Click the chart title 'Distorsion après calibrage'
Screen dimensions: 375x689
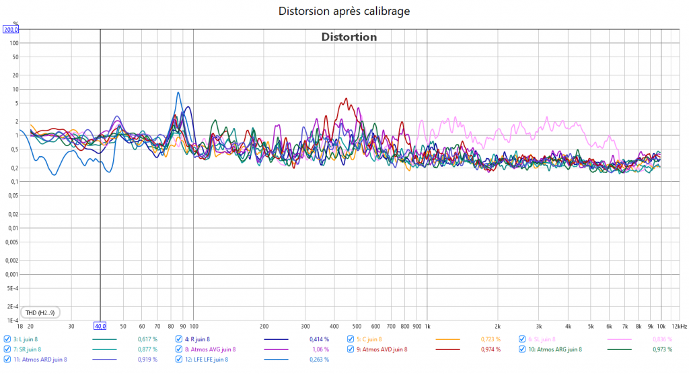(344, 11)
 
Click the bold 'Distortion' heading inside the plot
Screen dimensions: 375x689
(349, 37)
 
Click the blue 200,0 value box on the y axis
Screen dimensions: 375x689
(11, 30)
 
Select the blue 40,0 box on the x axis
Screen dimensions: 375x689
(100, 327)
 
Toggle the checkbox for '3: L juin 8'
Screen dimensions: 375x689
(7, 339)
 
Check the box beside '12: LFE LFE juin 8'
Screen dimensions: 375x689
(179, 360)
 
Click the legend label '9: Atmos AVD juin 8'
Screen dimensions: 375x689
(382, 349)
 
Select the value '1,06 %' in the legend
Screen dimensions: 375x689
(320, 349)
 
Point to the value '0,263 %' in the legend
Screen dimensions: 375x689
(319, 360)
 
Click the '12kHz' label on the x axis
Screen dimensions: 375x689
(679, 327)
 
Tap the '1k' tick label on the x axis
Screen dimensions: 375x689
(427, 327)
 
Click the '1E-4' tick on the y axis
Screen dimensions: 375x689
(13, 320)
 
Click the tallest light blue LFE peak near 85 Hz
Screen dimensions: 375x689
(178, 93)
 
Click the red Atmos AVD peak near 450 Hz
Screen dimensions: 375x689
(346, 99)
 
